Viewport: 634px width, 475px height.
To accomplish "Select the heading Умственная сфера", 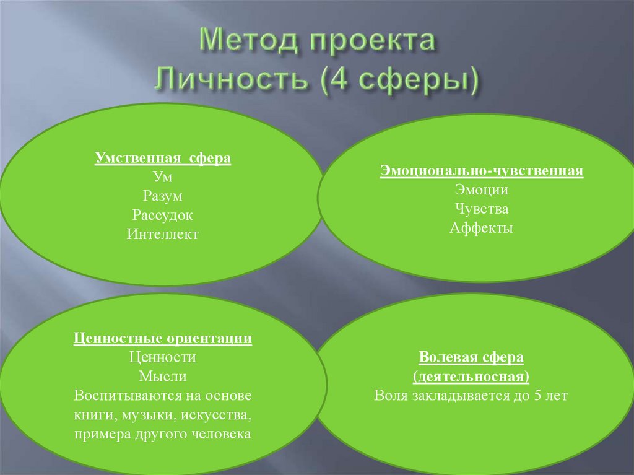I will [163, 158].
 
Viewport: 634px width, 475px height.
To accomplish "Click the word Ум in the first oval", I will [163, 177].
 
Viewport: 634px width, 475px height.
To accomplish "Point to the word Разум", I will [163, 196].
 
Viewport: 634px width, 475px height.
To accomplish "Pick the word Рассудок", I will [163, 216].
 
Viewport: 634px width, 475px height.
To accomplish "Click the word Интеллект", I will [163, 235].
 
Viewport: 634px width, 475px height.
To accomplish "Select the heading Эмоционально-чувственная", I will [482, 171].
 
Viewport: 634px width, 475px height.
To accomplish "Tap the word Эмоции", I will [481, 190].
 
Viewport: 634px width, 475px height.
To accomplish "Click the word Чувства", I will [481, 209].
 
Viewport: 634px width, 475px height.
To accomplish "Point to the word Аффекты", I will [481, 229].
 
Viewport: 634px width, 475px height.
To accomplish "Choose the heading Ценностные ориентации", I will [163, 339].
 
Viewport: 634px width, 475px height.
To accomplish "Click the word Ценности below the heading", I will [163, 357].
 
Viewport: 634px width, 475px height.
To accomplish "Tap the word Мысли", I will [163, 377].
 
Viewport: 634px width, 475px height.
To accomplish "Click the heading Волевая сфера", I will [471, 358].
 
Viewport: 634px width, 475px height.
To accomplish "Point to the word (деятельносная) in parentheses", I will [471, 377].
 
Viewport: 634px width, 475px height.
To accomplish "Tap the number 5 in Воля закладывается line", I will [537, 396].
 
